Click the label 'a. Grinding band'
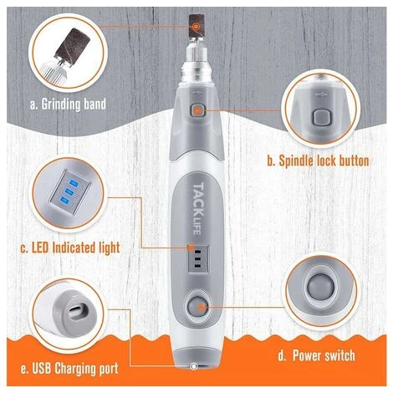tap(68, 105)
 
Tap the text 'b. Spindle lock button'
tap(318, 161)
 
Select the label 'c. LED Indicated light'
tap(70, 248)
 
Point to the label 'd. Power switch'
tap(316, 355)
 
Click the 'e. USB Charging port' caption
tap(69, 369)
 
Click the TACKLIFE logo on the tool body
tap(198, 208)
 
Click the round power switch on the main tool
tap(196, 307)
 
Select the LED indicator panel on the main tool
tap(197, 258)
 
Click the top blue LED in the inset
tap(74, 183)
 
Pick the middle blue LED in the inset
tap(69, 191)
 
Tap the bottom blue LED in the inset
tap(64, 200)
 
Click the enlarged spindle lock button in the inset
tap(322, 118)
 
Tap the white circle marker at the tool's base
tap(193, 366)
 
